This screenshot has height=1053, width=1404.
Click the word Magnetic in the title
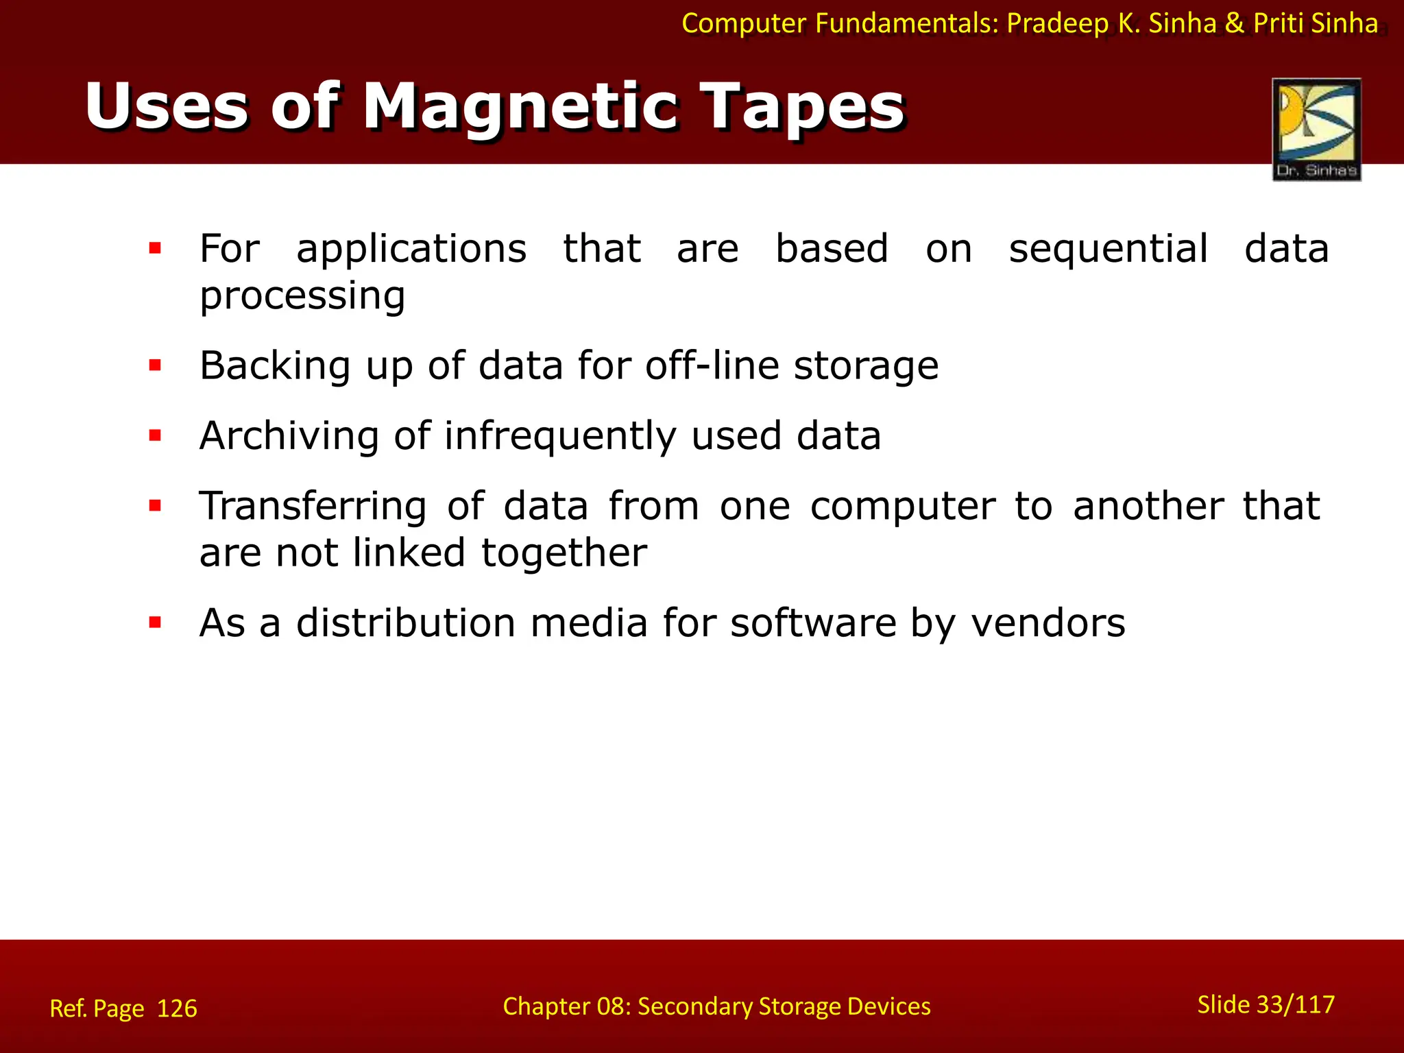click(522, 108)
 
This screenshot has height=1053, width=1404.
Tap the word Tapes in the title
click(805, 108)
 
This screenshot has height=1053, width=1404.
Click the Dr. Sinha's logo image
click(1316, 130)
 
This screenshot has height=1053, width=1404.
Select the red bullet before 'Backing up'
click(155, 365)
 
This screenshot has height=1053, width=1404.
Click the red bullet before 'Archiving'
click(155, 435)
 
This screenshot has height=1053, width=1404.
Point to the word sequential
click(1108, 249)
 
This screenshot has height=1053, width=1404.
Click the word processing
click(302, 296)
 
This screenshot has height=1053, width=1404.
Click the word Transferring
click(313, 507)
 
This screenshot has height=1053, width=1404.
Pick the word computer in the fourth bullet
click(902, 507)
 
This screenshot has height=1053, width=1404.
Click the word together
click(564, 553)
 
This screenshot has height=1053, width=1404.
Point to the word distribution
click(406, 623)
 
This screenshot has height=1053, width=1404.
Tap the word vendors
click(1048, 623)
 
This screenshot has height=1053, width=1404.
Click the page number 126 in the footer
click(177, 1008)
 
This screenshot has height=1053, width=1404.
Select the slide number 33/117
click(1296, 1005)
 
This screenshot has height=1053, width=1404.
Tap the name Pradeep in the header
click(1058, 24)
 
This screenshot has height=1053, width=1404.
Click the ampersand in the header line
click(1234, 24)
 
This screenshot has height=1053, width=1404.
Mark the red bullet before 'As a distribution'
click(155, 622)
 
